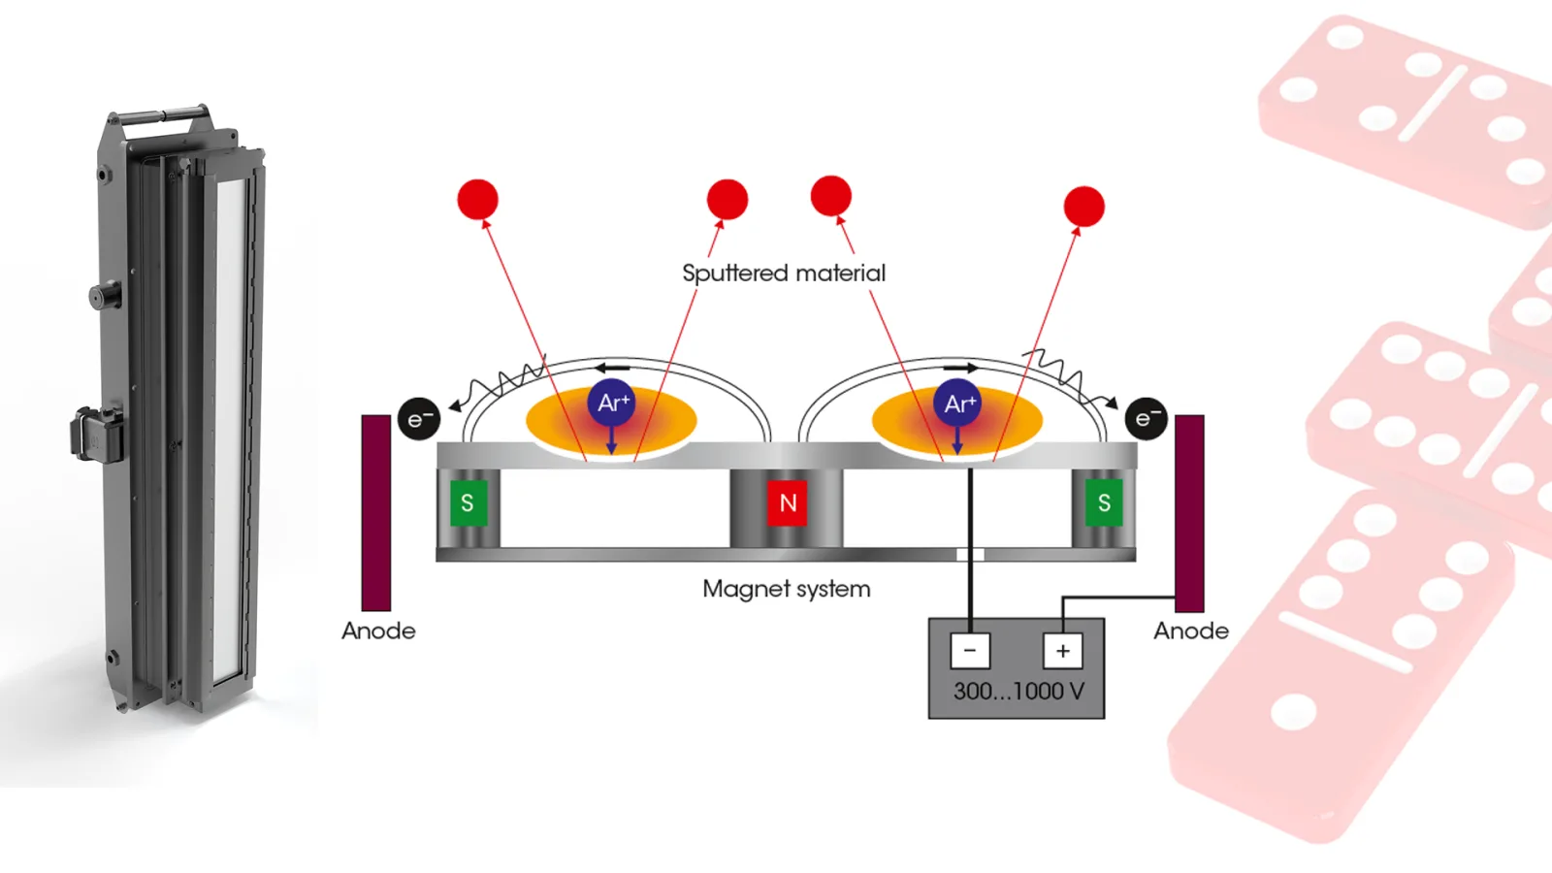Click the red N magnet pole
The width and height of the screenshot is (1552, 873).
coord(787,502)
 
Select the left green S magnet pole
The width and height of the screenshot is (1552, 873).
coord(468,502)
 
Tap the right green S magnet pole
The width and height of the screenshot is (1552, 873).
coord(1103,502)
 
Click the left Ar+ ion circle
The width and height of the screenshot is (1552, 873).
coord(612,403)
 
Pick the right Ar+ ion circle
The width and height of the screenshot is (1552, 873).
coord(958,403)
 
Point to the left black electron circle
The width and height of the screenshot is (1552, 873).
coord(419,419)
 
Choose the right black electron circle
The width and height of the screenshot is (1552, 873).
coord(1146,418)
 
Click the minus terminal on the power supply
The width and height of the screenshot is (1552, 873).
coord(970,650)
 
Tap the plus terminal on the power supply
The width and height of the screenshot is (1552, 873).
coord(1062,650)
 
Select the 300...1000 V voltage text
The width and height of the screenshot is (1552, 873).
coord(1018,692)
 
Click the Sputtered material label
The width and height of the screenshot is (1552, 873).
coord(784,273)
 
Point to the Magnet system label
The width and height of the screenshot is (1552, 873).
coord(786,589)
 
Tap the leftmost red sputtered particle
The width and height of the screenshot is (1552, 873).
coord(477,199)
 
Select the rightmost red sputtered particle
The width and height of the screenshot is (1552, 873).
coord(1083,207)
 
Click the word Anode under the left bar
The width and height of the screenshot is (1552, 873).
coord(378,630)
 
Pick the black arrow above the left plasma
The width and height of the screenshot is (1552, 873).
coord(612,368)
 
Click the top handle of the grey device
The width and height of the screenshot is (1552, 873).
coord(160,115)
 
